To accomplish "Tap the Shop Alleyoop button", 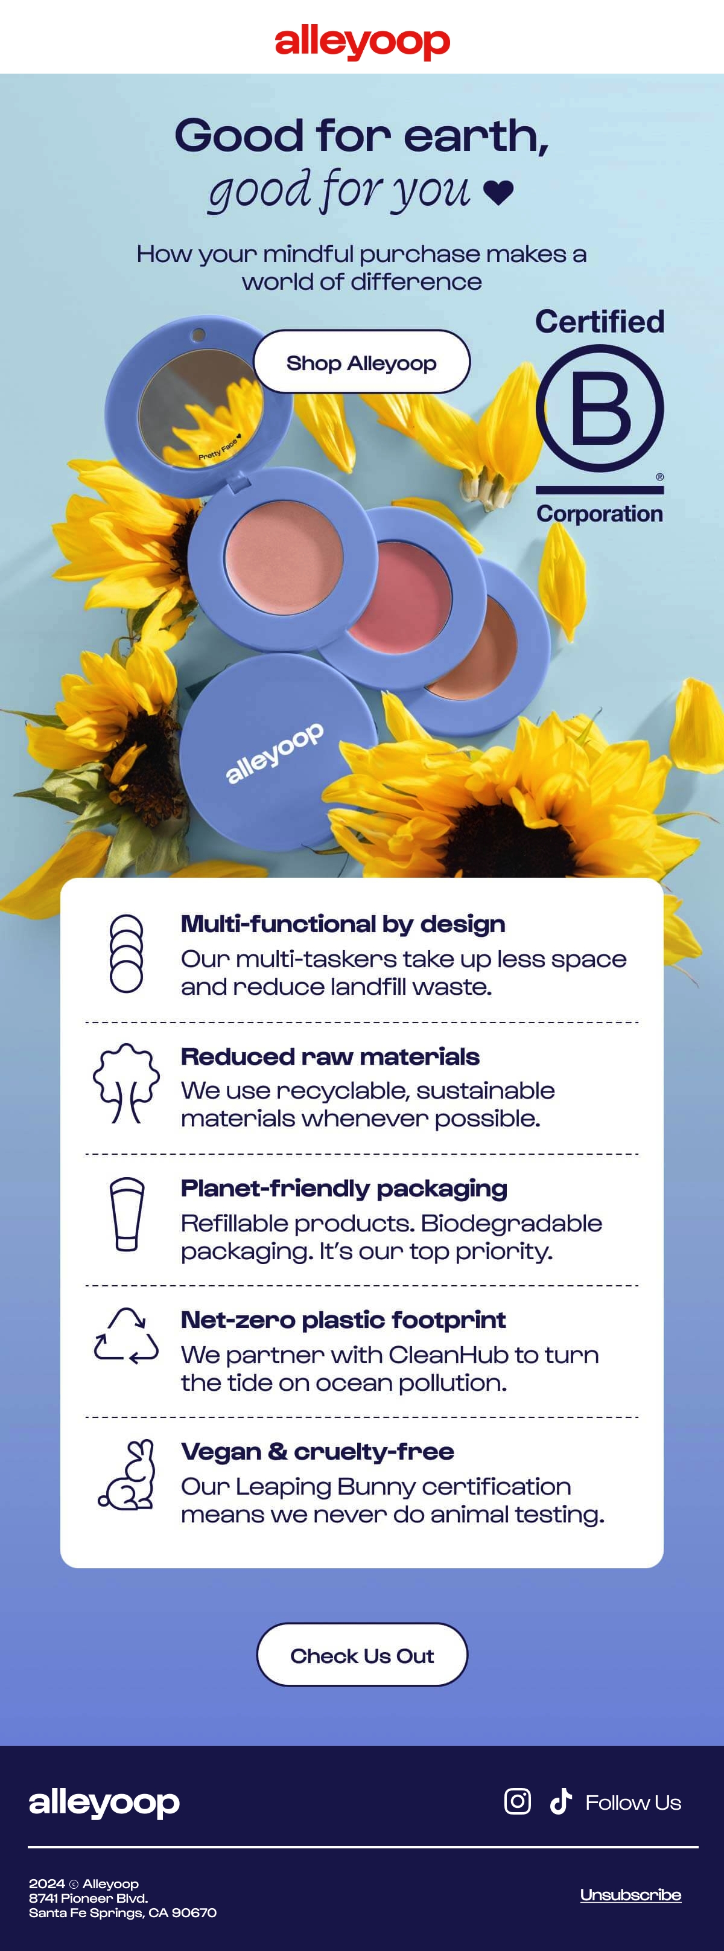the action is [x=361, y=362].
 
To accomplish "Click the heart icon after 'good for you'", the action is [x=498, y=193].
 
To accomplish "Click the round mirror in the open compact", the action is [x=201, y=407].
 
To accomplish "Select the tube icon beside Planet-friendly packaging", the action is [x=127, y=1214].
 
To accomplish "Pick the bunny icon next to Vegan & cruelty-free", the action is [x=127, y=1475].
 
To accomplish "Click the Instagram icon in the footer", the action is [x=517, y=1801].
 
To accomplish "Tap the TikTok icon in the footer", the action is [x=560, y=1801].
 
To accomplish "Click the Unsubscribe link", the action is [x=630, y=1894].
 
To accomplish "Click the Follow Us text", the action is [x=633, y=1802].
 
